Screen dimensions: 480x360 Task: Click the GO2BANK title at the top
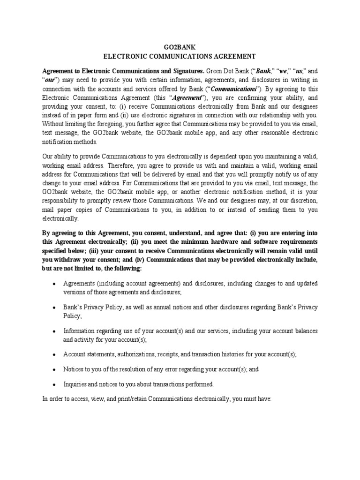(x=180, y=47)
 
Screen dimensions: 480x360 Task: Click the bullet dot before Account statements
(x=56, y=354)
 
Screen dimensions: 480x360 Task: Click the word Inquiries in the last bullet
(x=75, y=385)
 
